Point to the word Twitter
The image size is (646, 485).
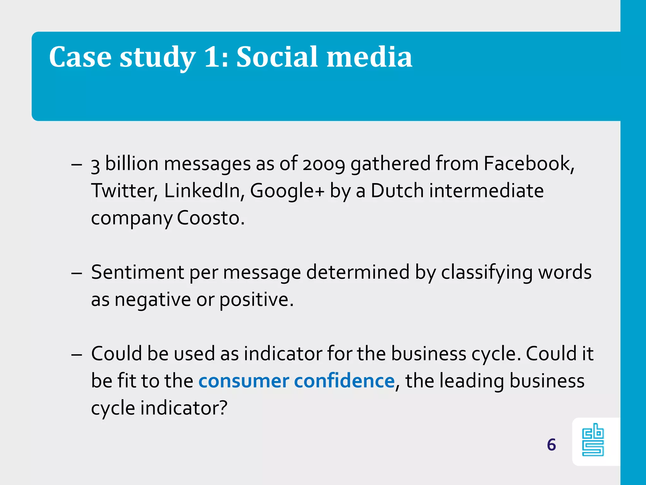124,191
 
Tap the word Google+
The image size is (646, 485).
287,191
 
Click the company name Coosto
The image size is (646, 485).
210,218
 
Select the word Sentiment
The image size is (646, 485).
138,272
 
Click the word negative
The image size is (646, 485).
153,300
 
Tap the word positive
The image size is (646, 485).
256,300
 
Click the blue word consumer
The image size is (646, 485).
244,381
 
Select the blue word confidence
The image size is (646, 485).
344,381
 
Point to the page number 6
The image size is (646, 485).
551,445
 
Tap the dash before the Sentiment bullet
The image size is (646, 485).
77,273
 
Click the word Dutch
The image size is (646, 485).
397,191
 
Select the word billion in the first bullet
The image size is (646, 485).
132,164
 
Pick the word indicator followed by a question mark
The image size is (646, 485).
184,408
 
